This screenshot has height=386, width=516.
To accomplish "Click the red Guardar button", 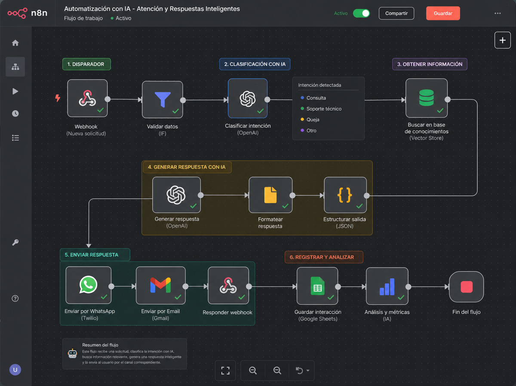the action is pos(443,13).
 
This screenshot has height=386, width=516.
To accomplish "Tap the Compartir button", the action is pos(396,13).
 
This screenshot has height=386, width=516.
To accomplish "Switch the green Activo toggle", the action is pos(361,13).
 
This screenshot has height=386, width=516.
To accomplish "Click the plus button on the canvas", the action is pos(502,40).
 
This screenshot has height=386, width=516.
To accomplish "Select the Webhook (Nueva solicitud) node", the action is pos(87,98).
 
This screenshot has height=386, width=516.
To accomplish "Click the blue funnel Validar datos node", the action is pos(163,100).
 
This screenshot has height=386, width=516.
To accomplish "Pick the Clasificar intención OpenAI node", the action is pos(248,99).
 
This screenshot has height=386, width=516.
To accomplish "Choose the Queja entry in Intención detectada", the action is pos(313,120).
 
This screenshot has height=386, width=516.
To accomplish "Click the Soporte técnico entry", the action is pos(324,109).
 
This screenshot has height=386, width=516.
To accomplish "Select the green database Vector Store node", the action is pos(427,98).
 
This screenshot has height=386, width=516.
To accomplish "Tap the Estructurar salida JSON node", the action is pos(345,195).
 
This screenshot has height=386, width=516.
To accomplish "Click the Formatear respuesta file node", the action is pos(270,195).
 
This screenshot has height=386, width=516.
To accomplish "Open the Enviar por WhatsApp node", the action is pos(89,285).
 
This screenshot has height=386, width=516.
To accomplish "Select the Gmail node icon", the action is pos(160,286).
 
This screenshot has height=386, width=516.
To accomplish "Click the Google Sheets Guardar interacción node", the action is pos(317,286).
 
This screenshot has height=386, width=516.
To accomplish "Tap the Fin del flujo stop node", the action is pos(467,287).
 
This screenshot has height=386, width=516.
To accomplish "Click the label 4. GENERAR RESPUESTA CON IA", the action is pos(187,167).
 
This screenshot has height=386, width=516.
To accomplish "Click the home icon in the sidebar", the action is pos(15,43).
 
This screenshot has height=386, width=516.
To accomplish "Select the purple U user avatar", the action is pos(15,370).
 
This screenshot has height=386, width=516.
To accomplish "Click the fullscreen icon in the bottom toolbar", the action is pos(225,370).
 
